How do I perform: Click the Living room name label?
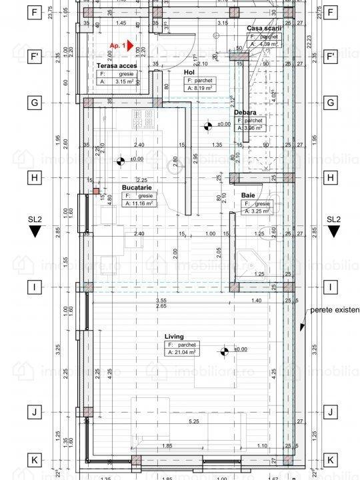(x=175, y=337)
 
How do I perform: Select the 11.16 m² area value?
(x=143, y=204)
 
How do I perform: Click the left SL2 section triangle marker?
(x=33, y=232)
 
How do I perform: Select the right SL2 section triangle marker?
(x=333, y=232)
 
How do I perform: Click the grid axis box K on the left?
(x=32, y=460)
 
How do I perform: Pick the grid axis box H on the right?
(x=331, y=178)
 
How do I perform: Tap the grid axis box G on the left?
(x=32, y=103)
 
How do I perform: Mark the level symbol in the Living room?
(x=224, y=349)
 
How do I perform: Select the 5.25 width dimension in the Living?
(x=194, y=422)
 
